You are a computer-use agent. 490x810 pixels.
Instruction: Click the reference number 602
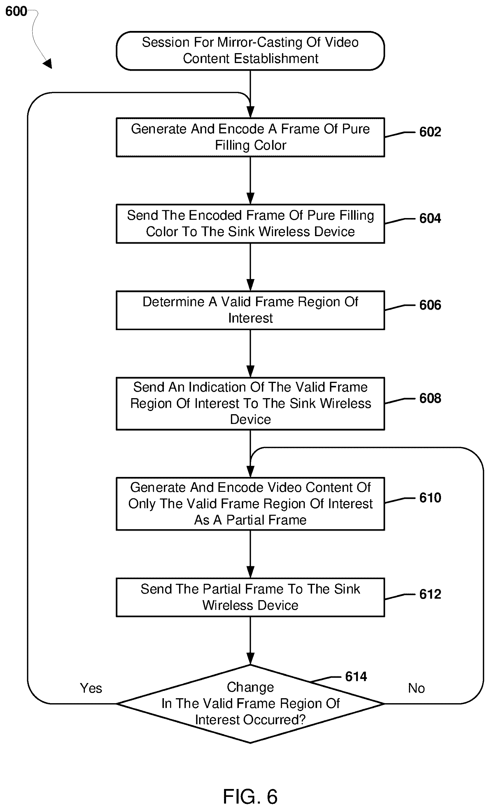[430, 132]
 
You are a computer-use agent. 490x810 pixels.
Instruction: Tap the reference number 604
[430, 218]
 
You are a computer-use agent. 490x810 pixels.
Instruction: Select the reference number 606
[430, 305]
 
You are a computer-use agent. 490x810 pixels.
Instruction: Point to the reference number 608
[430, 398]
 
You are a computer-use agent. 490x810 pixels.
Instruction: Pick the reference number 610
[430, 498]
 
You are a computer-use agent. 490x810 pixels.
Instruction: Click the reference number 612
[430, 594]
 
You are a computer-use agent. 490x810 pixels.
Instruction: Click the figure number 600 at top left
[16, 11]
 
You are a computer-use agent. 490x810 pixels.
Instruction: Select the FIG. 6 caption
[250, 797]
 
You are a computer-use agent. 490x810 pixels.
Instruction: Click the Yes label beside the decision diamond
[91, 688]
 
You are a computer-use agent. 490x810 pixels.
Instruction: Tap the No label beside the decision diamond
[416, 688]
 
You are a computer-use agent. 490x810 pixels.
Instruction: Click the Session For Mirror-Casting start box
[250, 51]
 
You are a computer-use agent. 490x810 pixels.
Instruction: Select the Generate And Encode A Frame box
[250, 137]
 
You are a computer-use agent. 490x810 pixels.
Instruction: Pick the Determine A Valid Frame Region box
[250, 310]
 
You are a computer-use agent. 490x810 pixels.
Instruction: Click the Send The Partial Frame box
[250, 597]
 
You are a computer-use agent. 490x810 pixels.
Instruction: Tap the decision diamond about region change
[250, 704]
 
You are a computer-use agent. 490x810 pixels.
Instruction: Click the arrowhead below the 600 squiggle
[48, 63]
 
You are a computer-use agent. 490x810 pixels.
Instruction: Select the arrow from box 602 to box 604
[250, 180]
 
